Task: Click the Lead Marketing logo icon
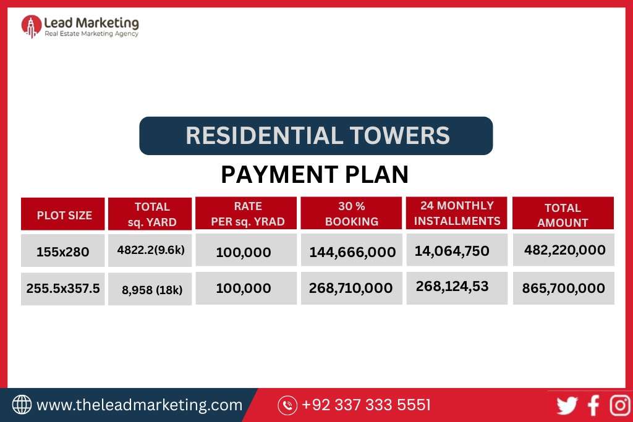32,26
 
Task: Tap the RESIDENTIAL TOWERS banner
316,135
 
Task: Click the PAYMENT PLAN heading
315,175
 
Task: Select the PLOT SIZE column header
64,215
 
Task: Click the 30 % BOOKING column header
351,214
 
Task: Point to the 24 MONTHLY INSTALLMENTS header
457,213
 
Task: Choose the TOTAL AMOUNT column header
563,214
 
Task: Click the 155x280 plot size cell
63,251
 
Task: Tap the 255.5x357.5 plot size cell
63,288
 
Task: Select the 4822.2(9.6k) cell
150,251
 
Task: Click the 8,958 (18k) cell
150,289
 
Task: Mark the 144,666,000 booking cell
351,251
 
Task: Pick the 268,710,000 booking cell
351,288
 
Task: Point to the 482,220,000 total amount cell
564,250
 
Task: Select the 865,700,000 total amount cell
564,288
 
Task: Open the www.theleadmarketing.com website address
139,405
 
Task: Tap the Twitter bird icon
567,405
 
